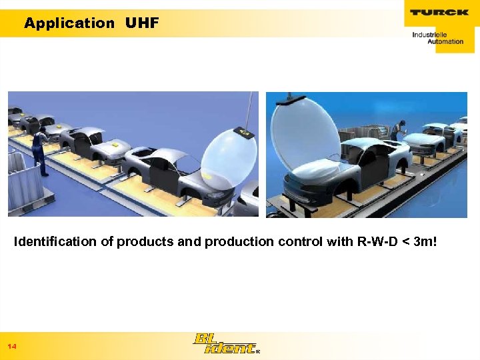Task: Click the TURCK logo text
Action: coord(439,13)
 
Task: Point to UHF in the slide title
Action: coord(141,23)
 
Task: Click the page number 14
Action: coord(12,347)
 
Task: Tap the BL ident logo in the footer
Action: coord(224,343)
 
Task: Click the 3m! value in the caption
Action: coord(425,241)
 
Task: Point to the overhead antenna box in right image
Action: coord(294,98)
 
